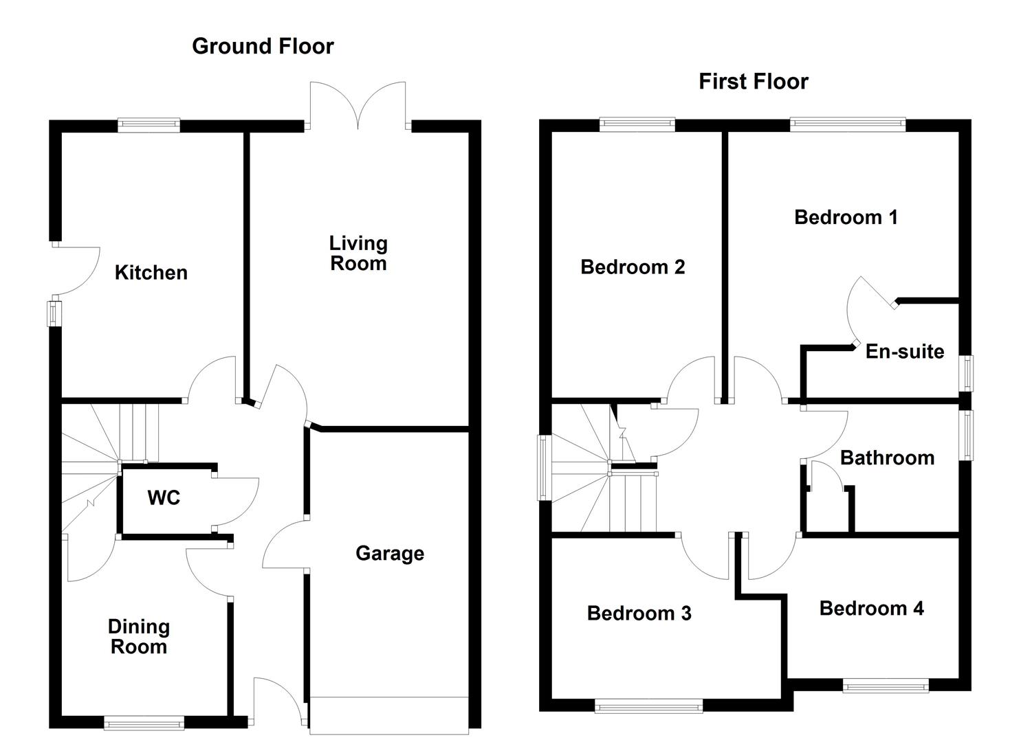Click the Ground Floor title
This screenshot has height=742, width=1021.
(263, 46)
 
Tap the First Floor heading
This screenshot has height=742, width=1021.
(753, 82)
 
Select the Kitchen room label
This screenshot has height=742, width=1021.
(151, 273)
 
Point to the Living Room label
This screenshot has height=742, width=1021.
(358, 254)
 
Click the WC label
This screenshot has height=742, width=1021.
(164, 497)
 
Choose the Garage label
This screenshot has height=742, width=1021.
(389, 554)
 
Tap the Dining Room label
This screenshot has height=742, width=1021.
(139, 637)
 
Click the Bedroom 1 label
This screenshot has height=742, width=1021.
(845, 218)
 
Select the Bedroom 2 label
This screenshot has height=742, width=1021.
(633, 267)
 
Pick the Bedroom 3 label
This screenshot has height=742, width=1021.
(639, 614)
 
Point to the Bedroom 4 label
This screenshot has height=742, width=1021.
(871, 609)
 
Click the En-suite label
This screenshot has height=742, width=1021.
(904, 352)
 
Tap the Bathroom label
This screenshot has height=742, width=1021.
(887, 458)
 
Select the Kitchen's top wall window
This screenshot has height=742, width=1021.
(149, 125)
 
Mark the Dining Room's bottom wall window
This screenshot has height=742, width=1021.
(144, 722)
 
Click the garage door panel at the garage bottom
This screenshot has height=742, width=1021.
(388, 712)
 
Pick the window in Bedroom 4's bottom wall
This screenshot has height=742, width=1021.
(886, 685)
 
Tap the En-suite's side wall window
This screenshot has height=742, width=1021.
(967, 373)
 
